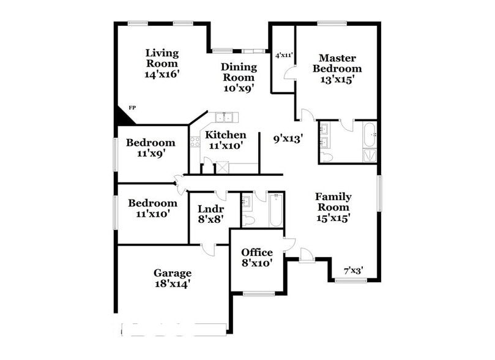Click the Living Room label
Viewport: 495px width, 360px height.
point(162,63)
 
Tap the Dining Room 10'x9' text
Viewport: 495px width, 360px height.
point(238,77)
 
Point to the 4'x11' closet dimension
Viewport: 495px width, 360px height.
point(284,55)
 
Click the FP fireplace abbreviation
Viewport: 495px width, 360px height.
point(131,108)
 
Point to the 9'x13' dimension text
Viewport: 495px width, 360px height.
point(288,139)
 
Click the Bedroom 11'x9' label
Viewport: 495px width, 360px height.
point(151,148)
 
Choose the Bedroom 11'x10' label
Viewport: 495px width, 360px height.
point(152,208)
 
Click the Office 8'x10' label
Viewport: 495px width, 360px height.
point(256,257)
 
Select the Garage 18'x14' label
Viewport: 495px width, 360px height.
point(172,278)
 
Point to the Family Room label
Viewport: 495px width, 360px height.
point(333,206)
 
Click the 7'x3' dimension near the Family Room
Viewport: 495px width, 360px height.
point(353,270)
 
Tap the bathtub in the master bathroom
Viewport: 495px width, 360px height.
point(370,135)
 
